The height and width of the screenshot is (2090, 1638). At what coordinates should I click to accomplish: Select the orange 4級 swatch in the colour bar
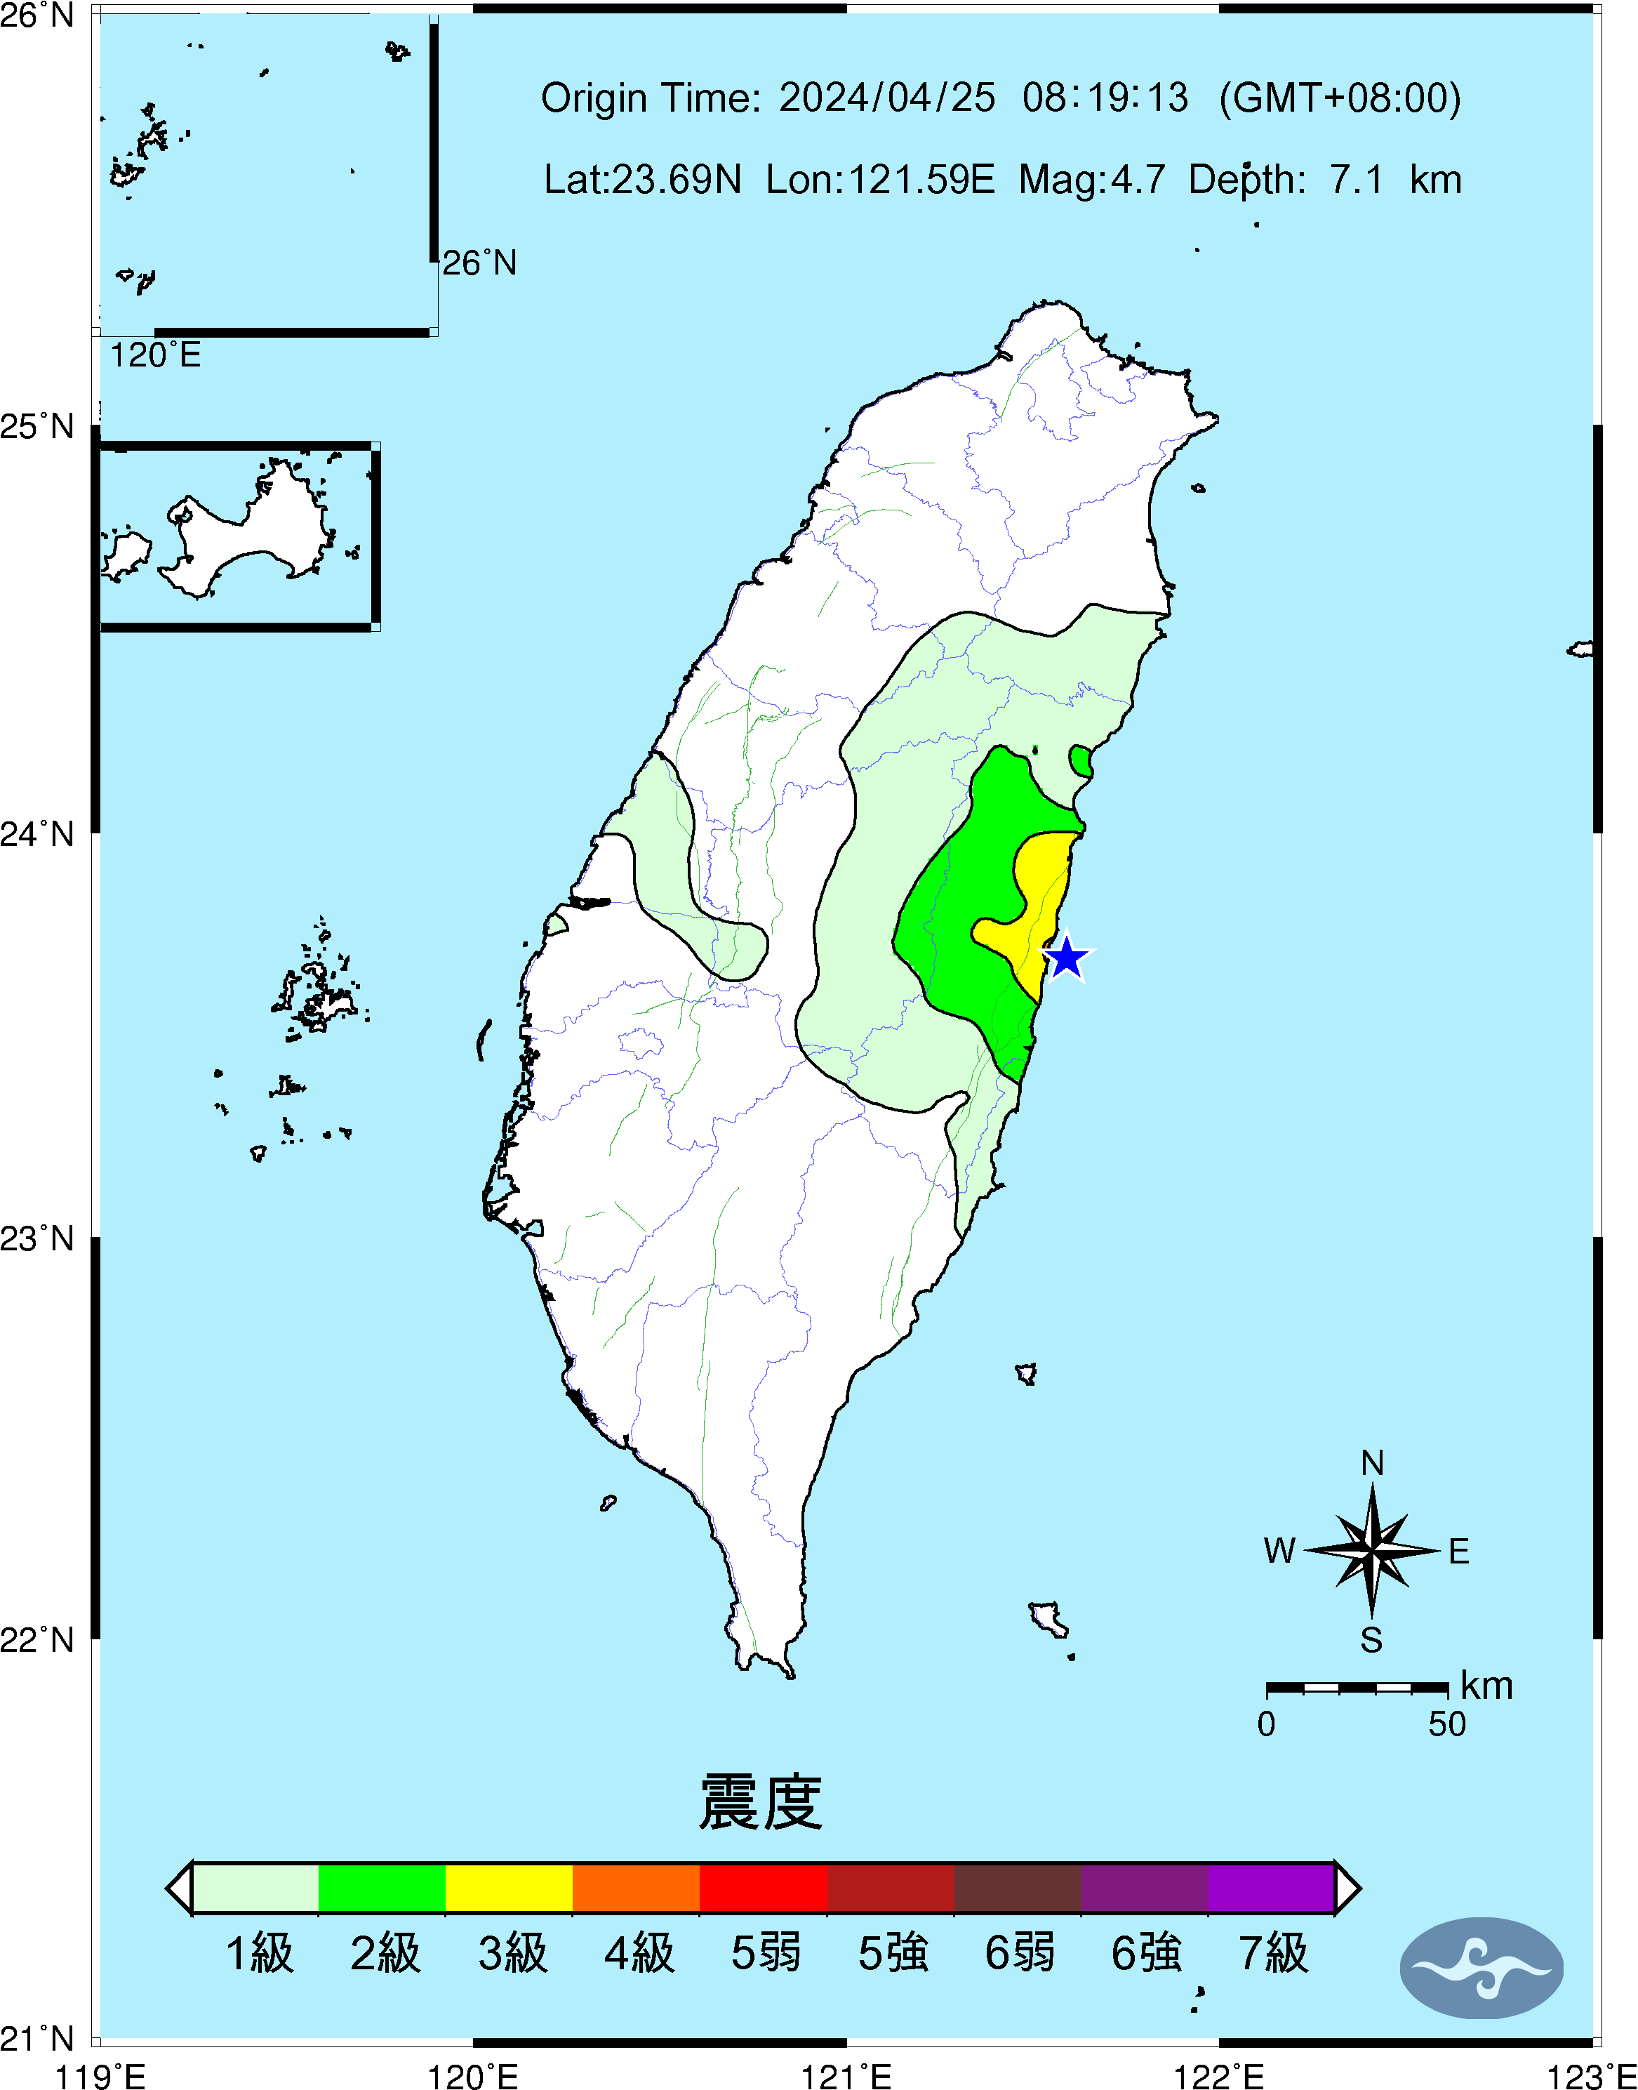pos(636,1888)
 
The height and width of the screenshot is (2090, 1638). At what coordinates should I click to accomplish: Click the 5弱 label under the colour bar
pos(765,1953)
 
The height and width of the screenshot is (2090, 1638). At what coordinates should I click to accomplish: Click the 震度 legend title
pos(761,1802)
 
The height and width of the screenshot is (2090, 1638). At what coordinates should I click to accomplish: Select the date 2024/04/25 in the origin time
pos(886,98)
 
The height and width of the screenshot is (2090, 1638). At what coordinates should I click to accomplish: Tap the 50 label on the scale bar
pos(1446,1724)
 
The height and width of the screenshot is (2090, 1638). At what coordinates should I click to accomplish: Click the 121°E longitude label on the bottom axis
pos(846,2076)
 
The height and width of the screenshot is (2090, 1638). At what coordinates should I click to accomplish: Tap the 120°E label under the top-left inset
pos(155,356)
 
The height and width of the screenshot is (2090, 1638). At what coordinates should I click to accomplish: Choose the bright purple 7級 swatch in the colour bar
pos(1271,1888)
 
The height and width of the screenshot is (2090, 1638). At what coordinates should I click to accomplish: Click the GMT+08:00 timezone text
pos(1340,98)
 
